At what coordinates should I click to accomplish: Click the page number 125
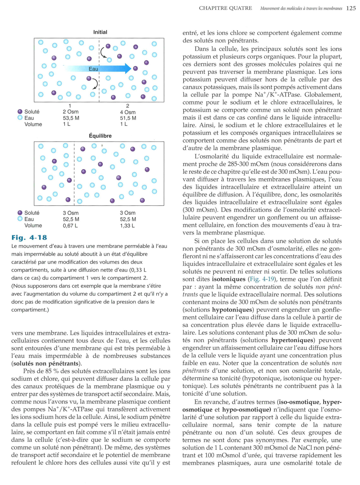[351, 8]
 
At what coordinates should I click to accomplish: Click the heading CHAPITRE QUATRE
[225, 8]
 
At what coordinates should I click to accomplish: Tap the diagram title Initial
[100, 32]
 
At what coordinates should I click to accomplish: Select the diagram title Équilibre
[100, 136]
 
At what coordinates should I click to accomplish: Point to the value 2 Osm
[71, 112]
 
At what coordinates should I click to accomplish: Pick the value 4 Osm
[128, 112]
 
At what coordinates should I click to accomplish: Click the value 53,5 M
[71, 118]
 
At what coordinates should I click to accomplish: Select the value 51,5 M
[128, 118]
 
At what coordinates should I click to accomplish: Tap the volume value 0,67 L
[70, 226]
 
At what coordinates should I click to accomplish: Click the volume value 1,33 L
[127, 226]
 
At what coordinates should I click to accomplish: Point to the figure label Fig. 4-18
[29, 238]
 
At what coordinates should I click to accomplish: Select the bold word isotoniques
[229, 279]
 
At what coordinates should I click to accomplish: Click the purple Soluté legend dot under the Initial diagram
[20, 112]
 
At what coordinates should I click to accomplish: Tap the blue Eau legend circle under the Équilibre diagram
[20, 219]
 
